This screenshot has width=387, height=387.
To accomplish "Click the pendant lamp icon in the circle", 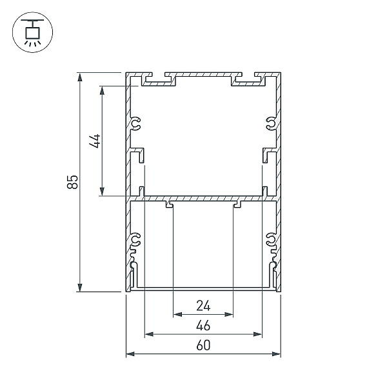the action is click(32, 32).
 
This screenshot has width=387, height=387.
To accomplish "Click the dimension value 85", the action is click(72, 182).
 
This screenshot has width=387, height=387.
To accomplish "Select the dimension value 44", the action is click(95, 141).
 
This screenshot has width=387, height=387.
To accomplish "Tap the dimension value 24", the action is click(203, 306).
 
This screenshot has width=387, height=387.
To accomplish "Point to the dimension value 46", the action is click(203, 325).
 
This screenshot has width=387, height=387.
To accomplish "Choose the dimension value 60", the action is click(203, 345).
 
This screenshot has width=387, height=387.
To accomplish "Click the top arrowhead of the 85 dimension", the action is click(79, 77).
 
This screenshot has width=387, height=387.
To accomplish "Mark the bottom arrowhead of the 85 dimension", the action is click(79, 288).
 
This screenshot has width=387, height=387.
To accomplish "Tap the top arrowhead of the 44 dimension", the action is click(102, 90).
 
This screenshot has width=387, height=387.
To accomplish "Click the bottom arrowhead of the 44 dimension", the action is click(102, 192).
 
